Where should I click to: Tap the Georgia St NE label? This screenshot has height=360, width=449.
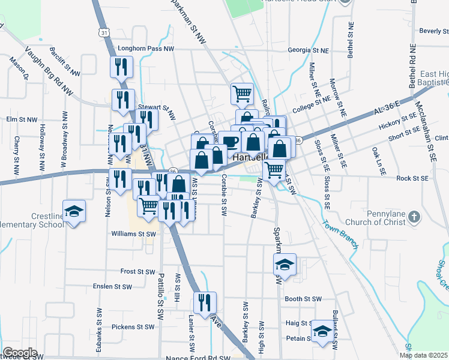pyautogui.click(x=310, y=50)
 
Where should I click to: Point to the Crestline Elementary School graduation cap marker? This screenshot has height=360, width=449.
pyautogui.click(x=74, y=212)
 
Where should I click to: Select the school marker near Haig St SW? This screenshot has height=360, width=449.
pyautogui.click(x=322, y=331)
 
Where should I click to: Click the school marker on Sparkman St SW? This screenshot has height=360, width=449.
pyautogui.click(x=285, y=264)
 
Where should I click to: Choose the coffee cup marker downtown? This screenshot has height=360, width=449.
pyautogui.click(x=229, y=142)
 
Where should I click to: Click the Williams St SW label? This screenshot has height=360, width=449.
pyautogui.click(x=133, y=234)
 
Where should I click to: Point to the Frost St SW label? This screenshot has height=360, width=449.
pyautogui.click(x=137, y=271)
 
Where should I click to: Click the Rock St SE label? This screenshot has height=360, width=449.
pyautogui.click(x=412, y=179)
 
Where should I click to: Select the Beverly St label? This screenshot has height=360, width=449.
pyautogui.click(x=433, y=31)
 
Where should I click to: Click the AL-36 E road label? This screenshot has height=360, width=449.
pyautogui.click(x=386, y=108)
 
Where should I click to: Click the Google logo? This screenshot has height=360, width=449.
pyautogui.click(x=20, y=353)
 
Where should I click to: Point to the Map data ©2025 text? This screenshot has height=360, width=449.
pyautogui.click(x=423, y=355)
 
